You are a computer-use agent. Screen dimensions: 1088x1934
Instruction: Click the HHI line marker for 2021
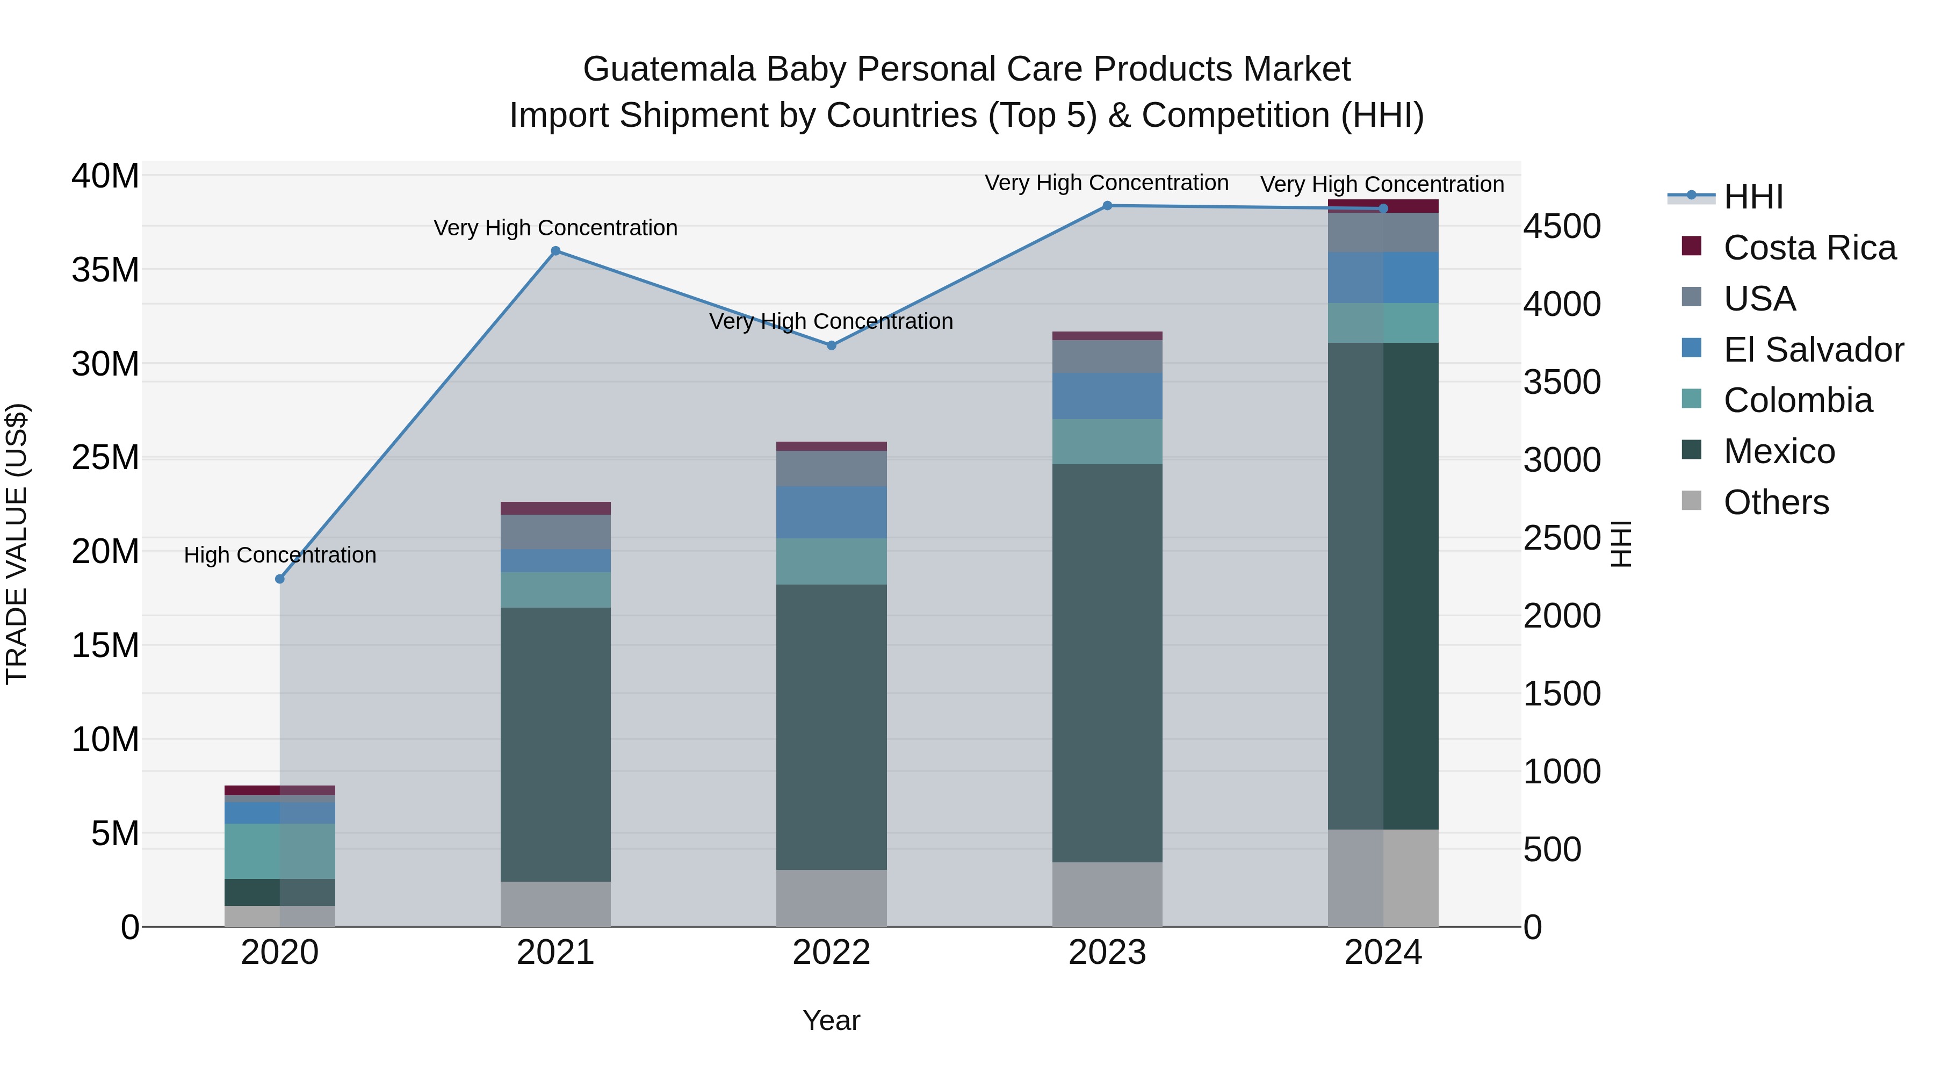[x=555, y=251]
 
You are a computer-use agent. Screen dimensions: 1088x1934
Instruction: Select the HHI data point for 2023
[x=1107, y=206]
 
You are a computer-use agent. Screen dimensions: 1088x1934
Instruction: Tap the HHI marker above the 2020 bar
[x=280, y=579]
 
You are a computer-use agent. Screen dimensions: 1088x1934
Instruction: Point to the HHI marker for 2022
[x=831, y=345]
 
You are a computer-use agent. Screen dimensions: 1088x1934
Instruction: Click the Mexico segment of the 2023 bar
[x=1107, y=662]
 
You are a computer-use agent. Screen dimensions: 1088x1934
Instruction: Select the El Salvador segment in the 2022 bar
[x=831, y=512]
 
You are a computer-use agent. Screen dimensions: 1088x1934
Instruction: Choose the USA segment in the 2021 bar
[x=555, y=531]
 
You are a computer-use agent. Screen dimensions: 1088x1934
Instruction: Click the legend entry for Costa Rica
[x=1809, y=248]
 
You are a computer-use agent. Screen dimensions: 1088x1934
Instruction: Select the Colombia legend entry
[x=1798, y=400]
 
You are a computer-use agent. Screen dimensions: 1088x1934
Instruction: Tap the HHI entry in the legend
[x=1752, y=197]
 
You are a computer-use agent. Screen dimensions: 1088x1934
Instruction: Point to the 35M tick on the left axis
[x=105, y=270]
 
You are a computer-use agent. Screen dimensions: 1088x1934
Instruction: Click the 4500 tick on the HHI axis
[x=1562, y=226]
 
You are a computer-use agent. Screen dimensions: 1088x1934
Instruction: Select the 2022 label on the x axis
[x=831, y=953]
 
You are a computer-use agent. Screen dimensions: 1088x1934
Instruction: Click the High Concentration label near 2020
[x=280, y=555]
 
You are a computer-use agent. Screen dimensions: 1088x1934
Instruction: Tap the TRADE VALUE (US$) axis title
[x=17, y=544]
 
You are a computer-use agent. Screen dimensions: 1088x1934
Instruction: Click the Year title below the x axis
[x=831, y=1020]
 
